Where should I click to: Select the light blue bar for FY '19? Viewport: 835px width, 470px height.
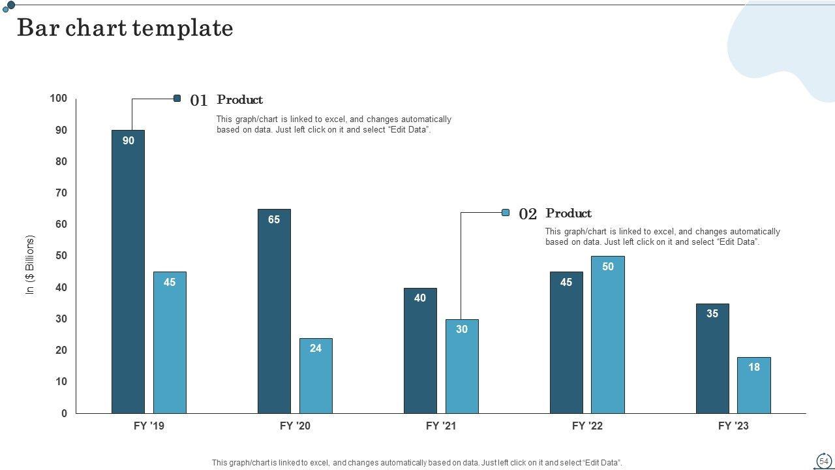[170, 343]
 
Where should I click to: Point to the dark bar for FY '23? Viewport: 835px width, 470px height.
[712, 358]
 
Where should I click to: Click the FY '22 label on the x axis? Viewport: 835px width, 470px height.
[587, 426]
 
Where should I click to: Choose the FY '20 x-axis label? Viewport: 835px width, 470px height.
[295, 426]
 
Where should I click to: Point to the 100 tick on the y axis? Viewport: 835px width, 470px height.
[58, 99]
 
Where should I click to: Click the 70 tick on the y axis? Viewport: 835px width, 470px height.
[61, 193]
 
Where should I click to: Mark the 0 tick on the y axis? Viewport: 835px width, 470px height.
[64, 413]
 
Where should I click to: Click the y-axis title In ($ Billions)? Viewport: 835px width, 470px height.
[30, 264]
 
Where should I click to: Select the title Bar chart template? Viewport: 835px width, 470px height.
[125, 28]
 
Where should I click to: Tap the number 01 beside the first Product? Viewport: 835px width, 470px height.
[199, 101]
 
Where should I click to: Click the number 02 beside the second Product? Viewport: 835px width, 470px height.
[528, 214]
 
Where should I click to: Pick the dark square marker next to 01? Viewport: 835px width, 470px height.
[177, 99]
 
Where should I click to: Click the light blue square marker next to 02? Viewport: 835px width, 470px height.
[506, 212]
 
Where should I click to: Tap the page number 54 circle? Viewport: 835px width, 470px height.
[824, 461]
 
